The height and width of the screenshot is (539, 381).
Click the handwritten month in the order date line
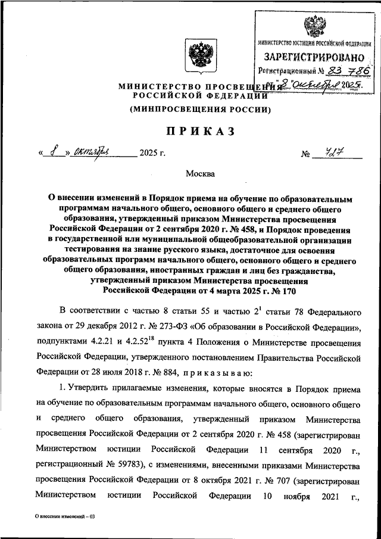[96, 153]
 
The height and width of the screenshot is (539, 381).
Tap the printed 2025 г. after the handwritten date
[152, 154]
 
